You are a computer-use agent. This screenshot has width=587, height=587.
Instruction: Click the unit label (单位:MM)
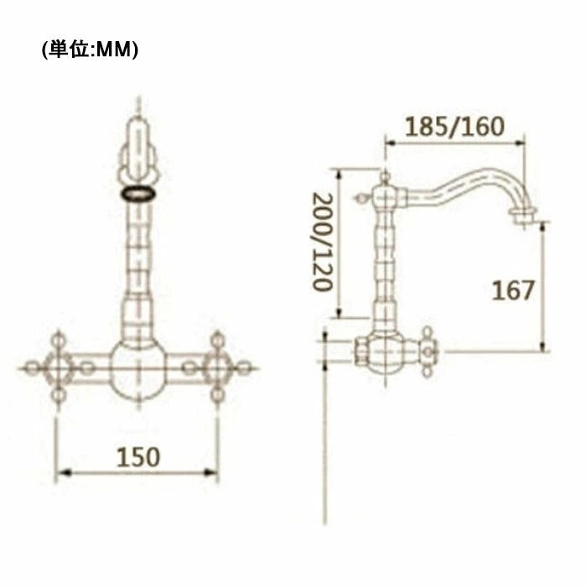pos(90,49)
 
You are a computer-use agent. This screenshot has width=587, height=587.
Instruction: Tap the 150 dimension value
pos(138,457)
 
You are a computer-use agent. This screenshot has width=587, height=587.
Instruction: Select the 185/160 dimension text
pos(455,127)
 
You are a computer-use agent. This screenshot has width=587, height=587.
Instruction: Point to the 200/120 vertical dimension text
pos(323,242)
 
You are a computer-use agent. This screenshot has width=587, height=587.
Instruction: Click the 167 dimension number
pos(513,290)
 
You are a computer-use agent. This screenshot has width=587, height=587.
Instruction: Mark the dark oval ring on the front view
pos(138,193)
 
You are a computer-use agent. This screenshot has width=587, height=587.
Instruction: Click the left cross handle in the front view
pos(58,368)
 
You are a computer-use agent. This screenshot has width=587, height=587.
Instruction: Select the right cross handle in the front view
pos(217,368)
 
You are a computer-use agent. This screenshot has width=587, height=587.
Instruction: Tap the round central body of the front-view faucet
pos(138,369)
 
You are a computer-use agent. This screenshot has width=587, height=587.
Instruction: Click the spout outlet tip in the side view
pos(522,217)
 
